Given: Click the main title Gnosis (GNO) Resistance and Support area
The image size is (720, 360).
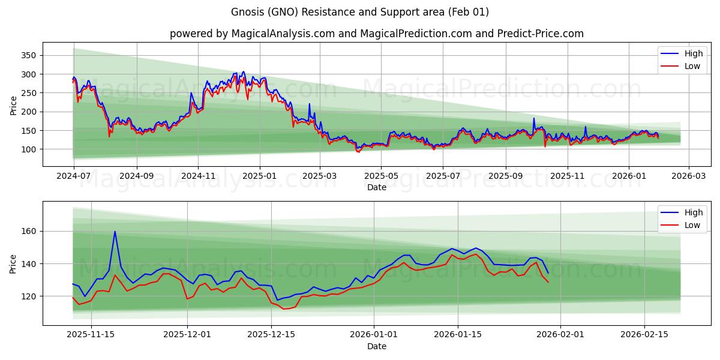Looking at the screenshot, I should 360,12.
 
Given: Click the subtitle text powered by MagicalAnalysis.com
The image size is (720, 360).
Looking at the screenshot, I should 251,34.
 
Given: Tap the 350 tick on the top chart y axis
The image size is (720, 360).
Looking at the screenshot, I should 29,55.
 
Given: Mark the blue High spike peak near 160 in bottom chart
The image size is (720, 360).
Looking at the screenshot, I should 115,232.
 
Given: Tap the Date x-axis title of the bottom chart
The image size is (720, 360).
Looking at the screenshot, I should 377,346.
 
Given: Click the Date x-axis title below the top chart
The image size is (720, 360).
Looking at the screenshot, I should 377,188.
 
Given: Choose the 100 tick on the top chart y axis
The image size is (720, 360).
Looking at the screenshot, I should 29,149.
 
